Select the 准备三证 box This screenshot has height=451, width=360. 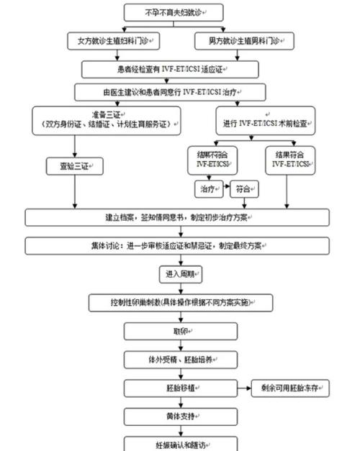point(106,119)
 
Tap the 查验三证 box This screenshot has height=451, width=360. point(74,166)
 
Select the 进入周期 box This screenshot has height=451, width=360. point(180,274)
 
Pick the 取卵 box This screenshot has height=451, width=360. point(180,331)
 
